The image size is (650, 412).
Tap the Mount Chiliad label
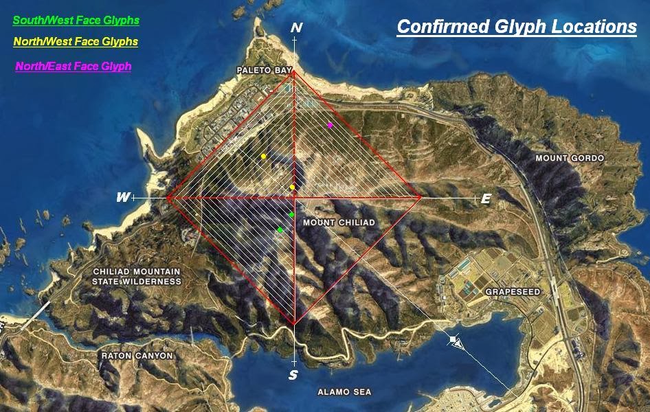(339, 222)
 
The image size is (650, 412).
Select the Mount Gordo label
(571, 158)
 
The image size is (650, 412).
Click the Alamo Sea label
(344, 392)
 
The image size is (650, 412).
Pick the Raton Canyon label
(137, 356)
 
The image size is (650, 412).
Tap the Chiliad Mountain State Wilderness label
(137, 277)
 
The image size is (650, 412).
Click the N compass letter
(296, 28)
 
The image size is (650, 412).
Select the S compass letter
(293, 375)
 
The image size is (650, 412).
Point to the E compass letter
(486, 198)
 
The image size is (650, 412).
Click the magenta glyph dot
(330, 125)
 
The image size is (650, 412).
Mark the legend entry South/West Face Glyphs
(76, 20)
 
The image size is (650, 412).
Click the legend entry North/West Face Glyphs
(76, 42)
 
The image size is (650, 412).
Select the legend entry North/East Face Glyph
(73, 67)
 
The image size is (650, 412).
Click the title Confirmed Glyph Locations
(517, 27)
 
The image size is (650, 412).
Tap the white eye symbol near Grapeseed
(455, 341)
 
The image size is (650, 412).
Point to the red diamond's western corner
(168, 198)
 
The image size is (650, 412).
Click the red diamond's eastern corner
(421, 198)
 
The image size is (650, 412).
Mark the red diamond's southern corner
(294, 323)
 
